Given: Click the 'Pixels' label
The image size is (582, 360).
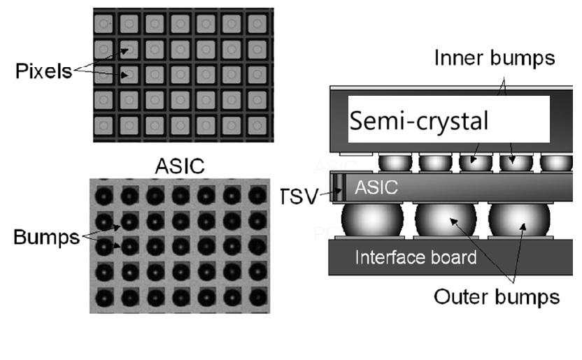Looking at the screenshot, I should pyautogui.click(x=43, y=73).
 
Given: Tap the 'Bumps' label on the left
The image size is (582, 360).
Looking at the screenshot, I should pyautogui.click(x=46, y=237).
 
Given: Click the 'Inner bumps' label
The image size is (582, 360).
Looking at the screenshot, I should pyautogui.click(x=495, y=58).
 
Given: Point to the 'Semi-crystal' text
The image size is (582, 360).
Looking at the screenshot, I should pyautogui.click(x=419, y=122).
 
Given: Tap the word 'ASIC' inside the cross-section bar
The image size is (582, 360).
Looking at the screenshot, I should pyautogui.click(x=377, y=187).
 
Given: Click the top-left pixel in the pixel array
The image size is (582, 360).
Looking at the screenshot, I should pyautogui.click(x=104, y=24).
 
